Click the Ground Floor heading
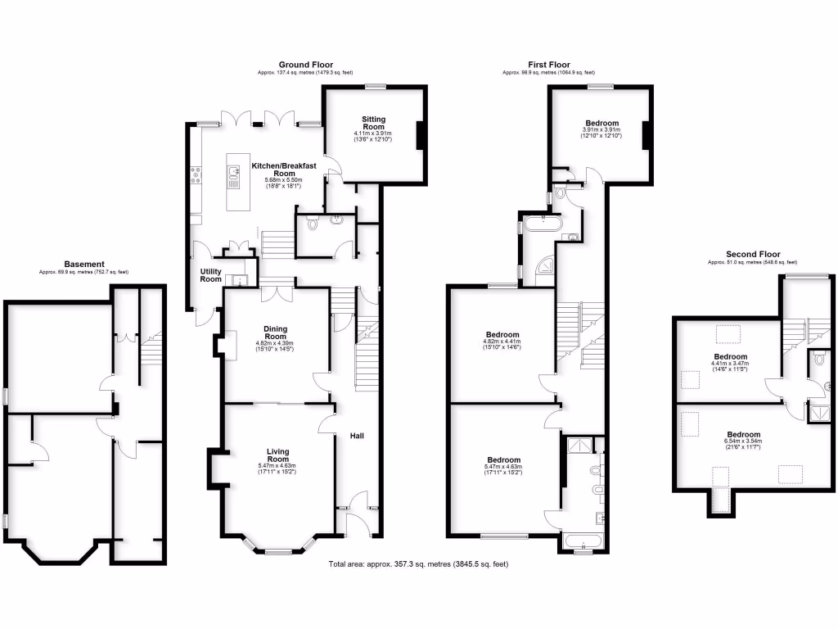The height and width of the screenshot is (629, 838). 305,65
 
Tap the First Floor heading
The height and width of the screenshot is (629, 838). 547,65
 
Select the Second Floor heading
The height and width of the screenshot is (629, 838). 753,254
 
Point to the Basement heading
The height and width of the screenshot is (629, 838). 84,264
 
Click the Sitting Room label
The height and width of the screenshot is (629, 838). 373,123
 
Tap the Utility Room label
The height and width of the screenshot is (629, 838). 210,275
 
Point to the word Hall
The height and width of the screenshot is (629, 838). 358,436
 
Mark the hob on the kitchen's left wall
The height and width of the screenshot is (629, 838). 196,173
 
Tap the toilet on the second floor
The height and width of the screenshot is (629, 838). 821,360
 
